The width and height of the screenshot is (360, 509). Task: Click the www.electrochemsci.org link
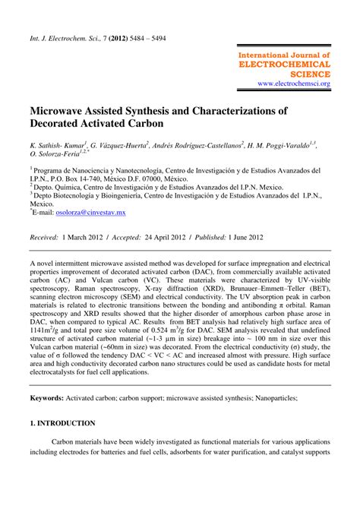coord(293,84)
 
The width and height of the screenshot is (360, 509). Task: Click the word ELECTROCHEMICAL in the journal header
coord(284,65)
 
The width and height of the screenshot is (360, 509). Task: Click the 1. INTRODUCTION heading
coord(62,423)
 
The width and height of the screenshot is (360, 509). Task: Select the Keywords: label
coord(51,398)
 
